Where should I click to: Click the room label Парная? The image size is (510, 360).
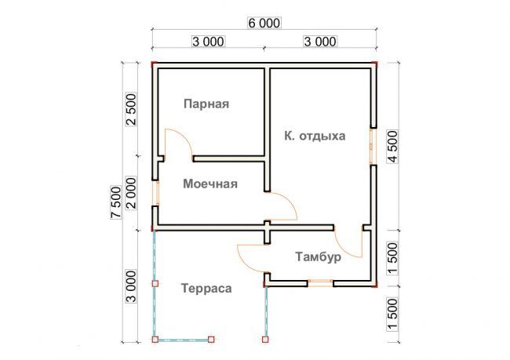click(206, 104)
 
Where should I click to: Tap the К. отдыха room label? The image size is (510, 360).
click(315, 136)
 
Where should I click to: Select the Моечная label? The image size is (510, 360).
click(210, 184)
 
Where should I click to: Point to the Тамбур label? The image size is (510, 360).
click(319, 257)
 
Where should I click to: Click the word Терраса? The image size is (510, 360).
click(206, 289)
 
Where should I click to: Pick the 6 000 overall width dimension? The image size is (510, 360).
click(264, 23)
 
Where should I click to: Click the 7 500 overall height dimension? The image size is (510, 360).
click(116, 202)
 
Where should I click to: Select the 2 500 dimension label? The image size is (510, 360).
click(131, 110)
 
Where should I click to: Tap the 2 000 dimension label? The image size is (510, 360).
click(131, 193)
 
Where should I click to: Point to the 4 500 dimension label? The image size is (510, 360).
click(392, 147)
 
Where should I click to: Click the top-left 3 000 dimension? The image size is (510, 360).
click(208, 42)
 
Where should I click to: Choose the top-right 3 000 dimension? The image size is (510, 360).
click(320, 42)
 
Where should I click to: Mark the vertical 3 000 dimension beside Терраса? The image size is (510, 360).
click(131, 286)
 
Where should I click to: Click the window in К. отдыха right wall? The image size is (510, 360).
click(373, 147)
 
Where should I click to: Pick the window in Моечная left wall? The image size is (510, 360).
click(156, 193)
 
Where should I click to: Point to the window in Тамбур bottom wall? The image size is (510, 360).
click(320, 283)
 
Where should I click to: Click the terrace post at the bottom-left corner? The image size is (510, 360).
click(155, 340)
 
